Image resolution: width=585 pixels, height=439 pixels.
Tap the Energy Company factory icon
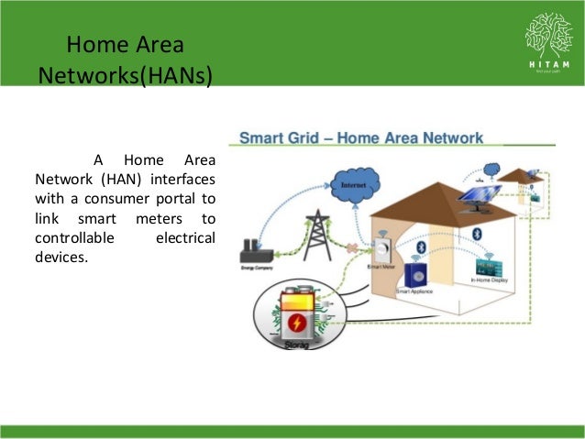tap(255, 253)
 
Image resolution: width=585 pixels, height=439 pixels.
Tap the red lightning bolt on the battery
tap(297, 324)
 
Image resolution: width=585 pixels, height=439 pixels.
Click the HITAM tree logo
tap(548, 36)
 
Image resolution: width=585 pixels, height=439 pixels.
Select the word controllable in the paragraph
tap(74, 237)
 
